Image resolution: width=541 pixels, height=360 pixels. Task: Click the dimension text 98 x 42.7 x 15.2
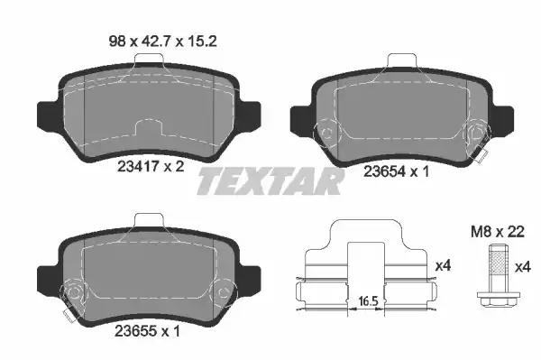point(146,39)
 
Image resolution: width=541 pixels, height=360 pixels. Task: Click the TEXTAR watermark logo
point(270,181)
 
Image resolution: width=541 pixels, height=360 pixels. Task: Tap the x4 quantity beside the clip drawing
point(444,265)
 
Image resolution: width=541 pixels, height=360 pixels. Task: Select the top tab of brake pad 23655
point(147,221)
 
